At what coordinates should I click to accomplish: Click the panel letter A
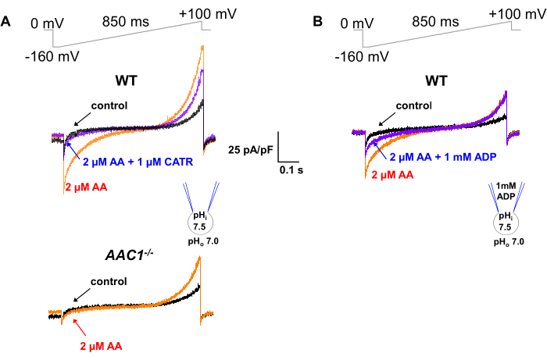[6, 22]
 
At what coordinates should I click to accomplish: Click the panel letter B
[318, 22]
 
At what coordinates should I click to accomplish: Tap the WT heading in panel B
[438, 80]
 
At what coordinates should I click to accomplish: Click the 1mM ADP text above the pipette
[504, 190]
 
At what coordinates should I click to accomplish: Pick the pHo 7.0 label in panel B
[507, 243]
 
